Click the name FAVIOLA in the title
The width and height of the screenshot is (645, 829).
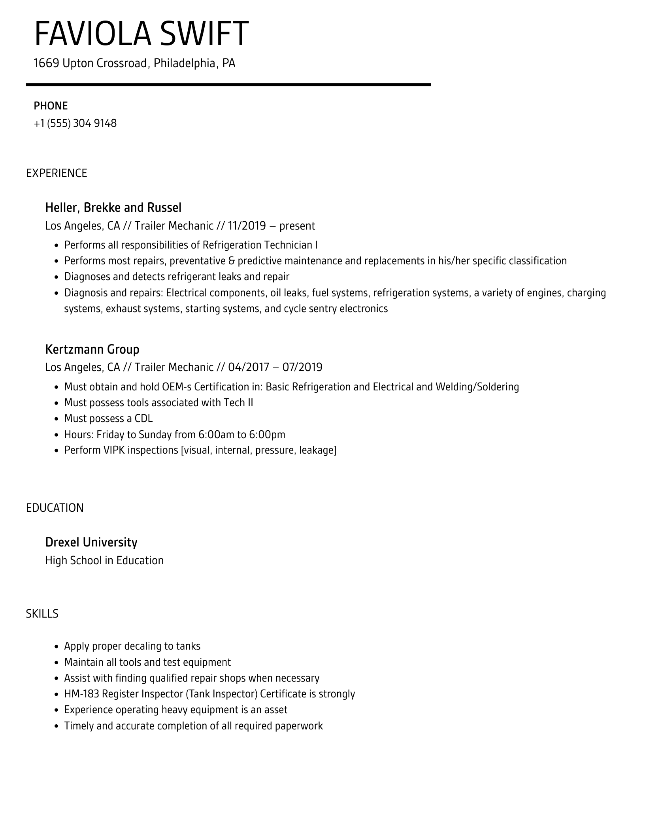pos(93,34)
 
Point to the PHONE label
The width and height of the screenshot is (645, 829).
pos(51,106)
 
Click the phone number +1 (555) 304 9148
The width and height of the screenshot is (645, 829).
pos(75,123)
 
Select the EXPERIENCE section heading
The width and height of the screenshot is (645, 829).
pos(57,173)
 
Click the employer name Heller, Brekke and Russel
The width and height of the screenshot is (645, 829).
pos(113,207)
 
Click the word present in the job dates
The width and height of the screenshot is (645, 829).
pos(297,226)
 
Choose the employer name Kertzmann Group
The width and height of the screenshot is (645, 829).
pos(92,349)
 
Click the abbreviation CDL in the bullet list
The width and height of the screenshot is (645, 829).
pos(143,418)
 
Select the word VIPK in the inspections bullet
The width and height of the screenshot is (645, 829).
pos(114,450)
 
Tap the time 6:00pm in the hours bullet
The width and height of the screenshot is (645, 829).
pos(267,435)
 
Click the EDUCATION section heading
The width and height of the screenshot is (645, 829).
pos(55,508)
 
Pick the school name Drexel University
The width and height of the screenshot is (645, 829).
pos(91,542)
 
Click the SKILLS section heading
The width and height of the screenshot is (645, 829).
pos(42,614)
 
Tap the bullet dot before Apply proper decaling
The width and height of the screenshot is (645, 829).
pos(57,647)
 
